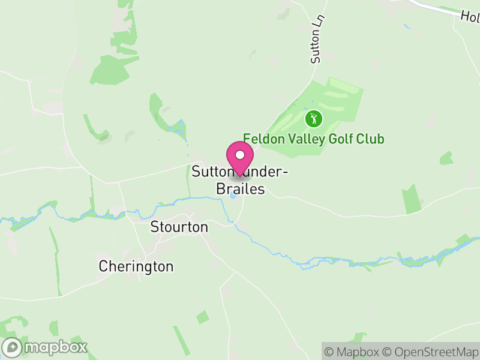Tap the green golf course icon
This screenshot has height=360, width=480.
point(313,118)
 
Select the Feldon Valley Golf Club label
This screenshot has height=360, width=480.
point(313,139)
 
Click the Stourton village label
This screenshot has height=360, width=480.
point(179,227)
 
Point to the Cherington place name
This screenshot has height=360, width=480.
point(136,266)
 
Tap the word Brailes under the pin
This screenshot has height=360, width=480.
point(240,189)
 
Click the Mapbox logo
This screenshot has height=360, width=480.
point(46,347)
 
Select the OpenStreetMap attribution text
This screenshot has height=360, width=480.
point(431,351)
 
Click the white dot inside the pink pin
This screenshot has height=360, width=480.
point(240,155)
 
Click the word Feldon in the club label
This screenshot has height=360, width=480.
point(261,139)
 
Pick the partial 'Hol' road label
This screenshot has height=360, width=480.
point(470,16)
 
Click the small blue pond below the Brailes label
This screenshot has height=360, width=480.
point(233,196)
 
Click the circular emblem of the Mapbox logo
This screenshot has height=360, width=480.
point(12,347)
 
